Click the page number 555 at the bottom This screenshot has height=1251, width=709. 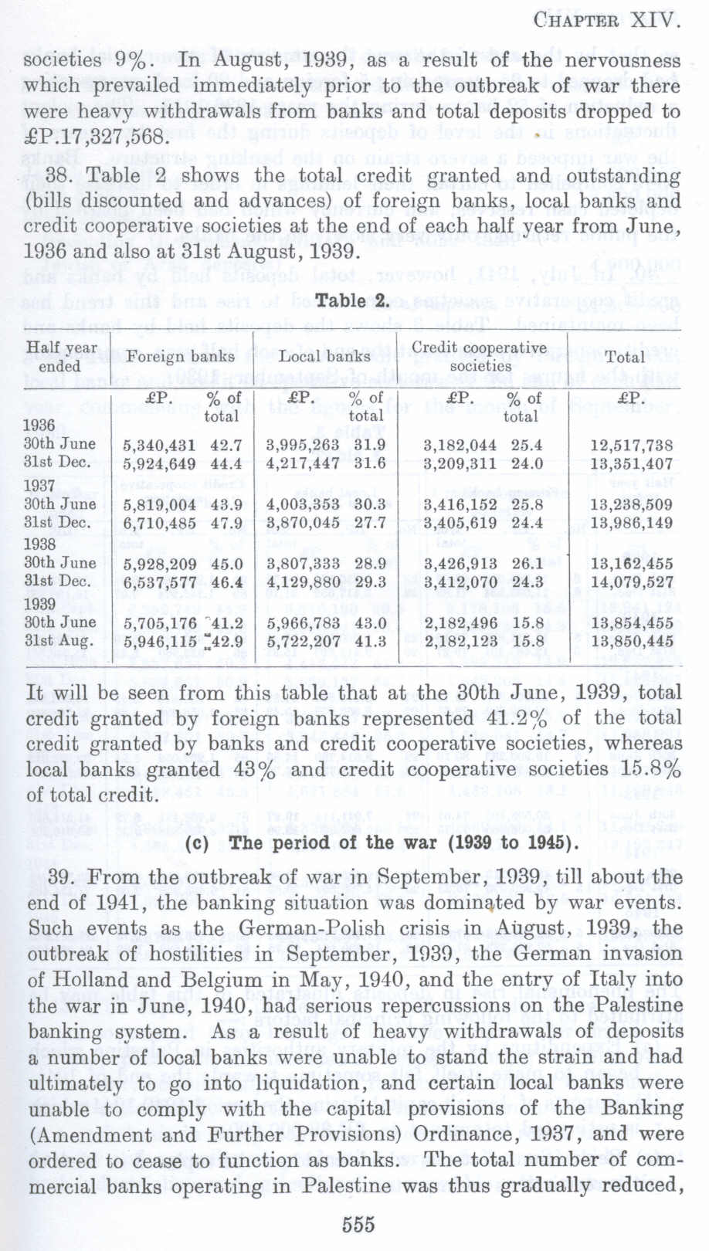[x=358, y=1224]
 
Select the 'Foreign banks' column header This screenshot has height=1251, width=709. [x=181, y=356]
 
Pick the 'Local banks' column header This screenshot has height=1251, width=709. [x=324, y=356]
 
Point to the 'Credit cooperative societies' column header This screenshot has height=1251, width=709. [x=479, y=356]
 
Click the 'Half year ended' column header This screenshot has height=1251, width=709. [x=62, y=356]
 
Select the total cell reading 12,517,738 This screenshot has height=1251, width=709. [x=631, y=446]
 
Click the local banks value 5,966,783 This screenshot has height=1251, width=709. [x=303, y=622]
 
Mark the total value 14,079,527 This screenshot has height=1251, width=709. [x=631, y=582]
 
